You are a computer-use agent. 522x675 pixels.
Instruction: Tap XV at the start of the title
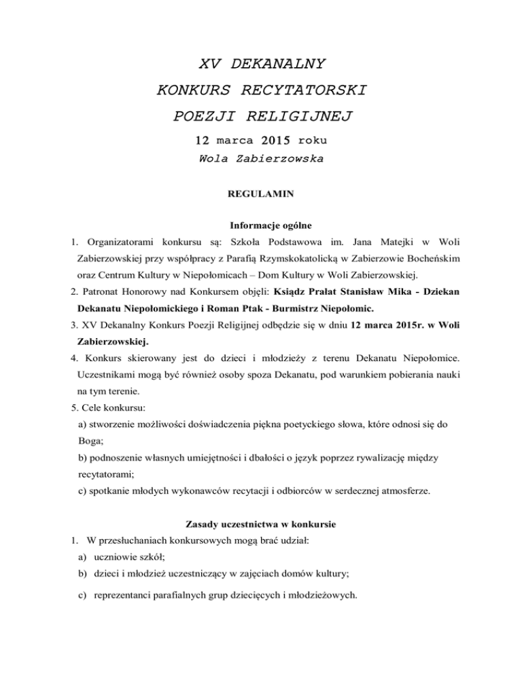(210, 65)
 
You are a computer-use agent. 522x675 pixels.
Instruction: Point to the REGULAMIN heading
(261, 194)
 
